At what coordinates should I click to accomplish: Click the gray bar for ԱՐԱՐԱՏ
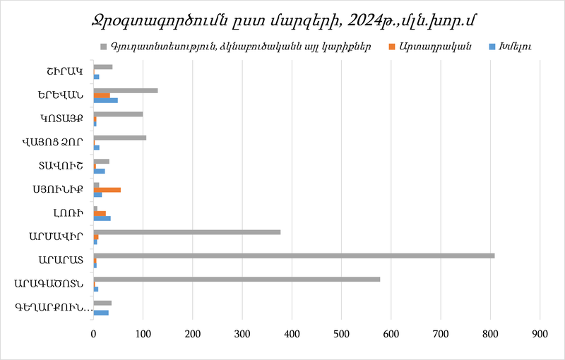pos(294,255)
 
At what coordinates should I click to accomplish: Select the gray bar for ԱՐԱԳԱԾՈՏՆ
pos(237,279)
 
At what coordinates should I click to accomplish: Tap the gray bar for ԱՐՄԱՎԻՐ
pos(187,232)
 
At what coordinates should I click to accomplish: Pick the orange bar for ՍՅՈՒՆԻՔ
pos(107,190)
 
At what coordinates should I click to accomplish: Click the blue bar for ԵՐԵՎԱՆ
pos(106,100)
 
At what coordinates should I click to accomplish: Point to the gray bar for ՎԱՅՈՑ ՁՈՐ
pos(120,138)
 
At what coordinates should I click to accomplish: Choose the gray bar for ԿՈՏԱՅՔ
pos(118,114)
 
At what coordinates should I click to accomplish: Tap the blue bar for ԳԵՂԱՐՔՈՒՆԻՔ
pos(101,313)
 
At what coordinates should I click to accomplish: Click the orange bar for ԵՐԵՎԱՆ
pos(102,95)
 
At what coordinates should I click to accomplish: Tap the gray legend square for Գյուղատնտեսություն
pos(104,47)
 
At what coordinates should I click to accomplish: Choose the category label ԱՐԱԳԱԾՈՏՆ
pos(50,284)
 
